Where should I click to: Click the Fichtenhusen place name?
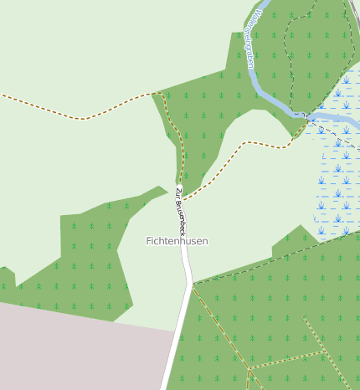click(x=177, y=241)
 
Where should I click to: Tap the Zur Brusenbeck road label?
click(x=180, y=210)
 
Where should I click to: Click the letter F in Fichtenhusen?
click(x=149, y=241)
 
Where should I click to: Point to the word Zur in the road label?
click(x=177, y=194)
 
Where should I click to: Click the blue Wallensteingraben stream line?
click(x=266, y=91)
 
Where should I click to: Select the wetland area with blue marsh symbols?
click(x=339, y=167)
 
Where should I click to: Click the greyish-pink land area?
click(x=75, y=352)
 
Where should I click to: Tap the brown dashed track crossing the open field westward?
click(x=84, y=118)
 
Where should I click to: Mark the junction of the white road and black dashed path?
click(x=193, y=284)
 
